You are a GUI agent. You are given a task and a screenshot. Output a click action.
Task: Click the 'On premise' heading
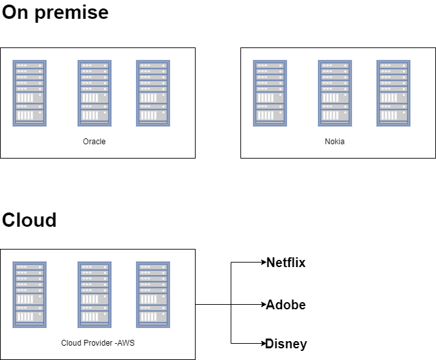click(x=55, y=12)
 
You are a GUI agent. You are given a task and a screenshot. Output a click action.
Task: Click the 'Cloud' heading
click(x=29, y=220)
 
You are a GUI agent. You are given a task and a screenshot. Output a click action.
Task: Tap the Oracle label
click(x=94, y=142)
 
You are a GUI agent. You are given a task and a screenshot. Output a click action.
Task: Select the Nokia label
click(x=335, y=142)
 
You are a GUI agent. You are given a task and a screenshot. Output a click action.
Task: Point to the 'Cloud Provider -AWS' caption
click(x=97, y=343)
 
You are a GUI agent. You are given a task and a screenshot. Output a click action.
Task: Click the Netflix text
click(x=286, y=263)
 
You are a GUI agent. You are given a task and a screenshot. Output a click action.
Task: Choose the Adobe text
click(x=286, y=305)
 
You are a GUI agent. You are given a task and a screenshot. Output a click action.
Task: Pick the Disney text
click(x=286, y=344)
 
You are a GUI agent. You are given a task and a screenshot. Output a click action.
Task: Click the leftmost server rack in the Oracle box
click(x=30, y=93)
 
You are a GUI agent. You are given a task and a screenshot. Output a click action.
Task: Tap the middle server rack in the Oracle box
click(x=95, y=93)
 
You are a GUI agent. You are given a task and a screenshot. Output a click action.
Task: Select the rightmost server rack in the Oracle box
click(x=153, y=93)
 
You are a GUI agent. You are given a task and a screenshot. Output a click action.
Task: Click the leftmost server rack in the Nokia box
click(x=270, y=93)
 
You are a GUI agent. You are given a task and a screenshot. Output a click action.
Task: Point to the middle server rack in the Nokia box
click(x=335, y=93)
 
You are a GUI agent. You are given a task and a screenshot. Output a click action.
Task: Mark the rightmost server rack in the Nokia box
click(x=394, y=93)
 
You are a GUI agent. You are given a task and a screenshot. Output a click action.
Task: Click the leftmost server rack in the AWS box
click(x=30, y=294)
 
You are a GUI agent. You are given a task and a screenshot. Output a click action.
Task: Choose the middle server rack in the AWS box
click(x=95, y=294)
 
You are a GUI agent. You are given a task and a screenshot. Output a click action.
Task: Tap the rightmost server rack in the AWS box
click(x=153, y=294)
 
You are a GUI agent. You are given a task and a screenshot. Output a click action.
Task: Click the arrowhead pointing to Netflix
click(x=263, y=263)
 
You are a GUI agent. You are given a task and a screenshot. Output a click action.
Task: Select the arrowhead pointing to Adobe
click(x=263, y=305)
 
